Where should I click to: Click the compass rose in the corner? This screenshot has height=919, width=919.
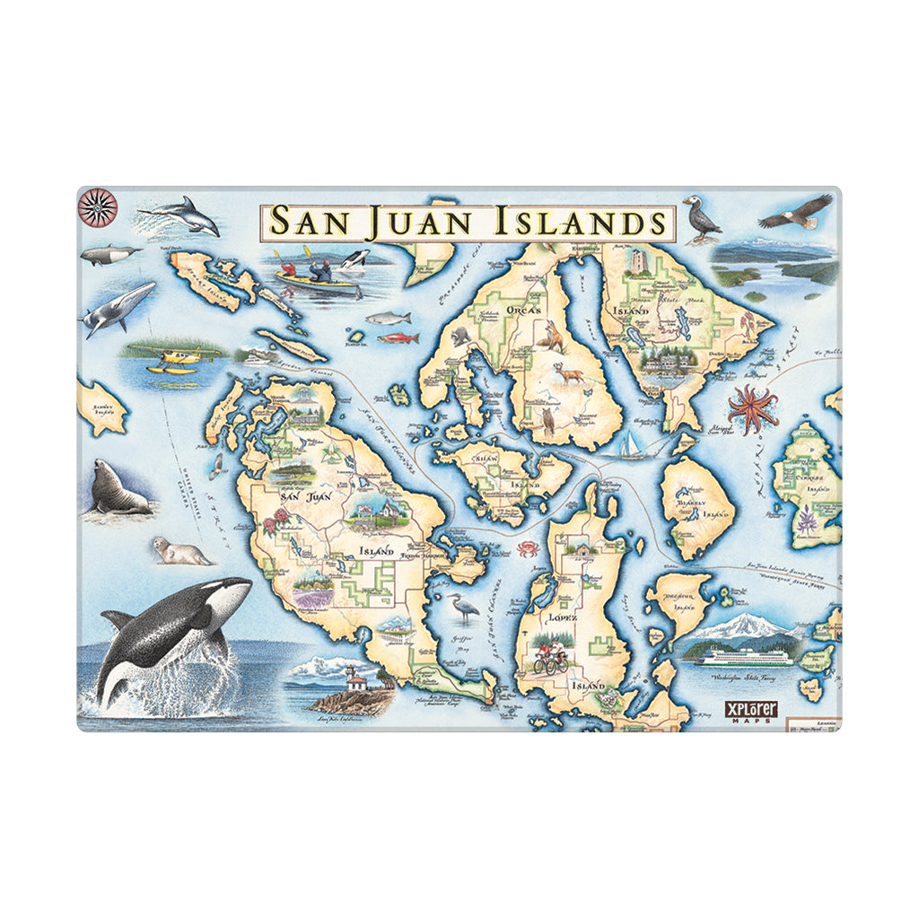click(x=98, y=207)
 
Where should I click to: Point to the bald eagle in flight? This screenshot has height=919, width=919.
click(x=796, y=212)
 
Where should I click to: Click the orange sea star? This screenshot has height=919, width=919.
click(x=752, y=407)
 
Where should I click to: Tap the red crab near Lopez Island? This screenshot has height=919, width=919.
click(x=525, y=547)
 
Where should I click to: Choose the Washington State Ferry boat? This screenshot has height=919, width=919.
click(x=745, y=657)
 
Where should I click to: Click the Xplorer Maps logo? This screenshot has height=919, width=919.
click(x=750, y=710)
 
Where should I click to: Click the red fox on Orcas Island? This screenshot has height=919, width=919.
click(x=549, y=338)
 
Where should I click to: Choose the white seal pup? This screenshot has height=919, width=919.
click(x=180, y=551)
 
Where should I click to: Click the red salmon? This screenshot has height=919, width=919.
click(x=398, y=338)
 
